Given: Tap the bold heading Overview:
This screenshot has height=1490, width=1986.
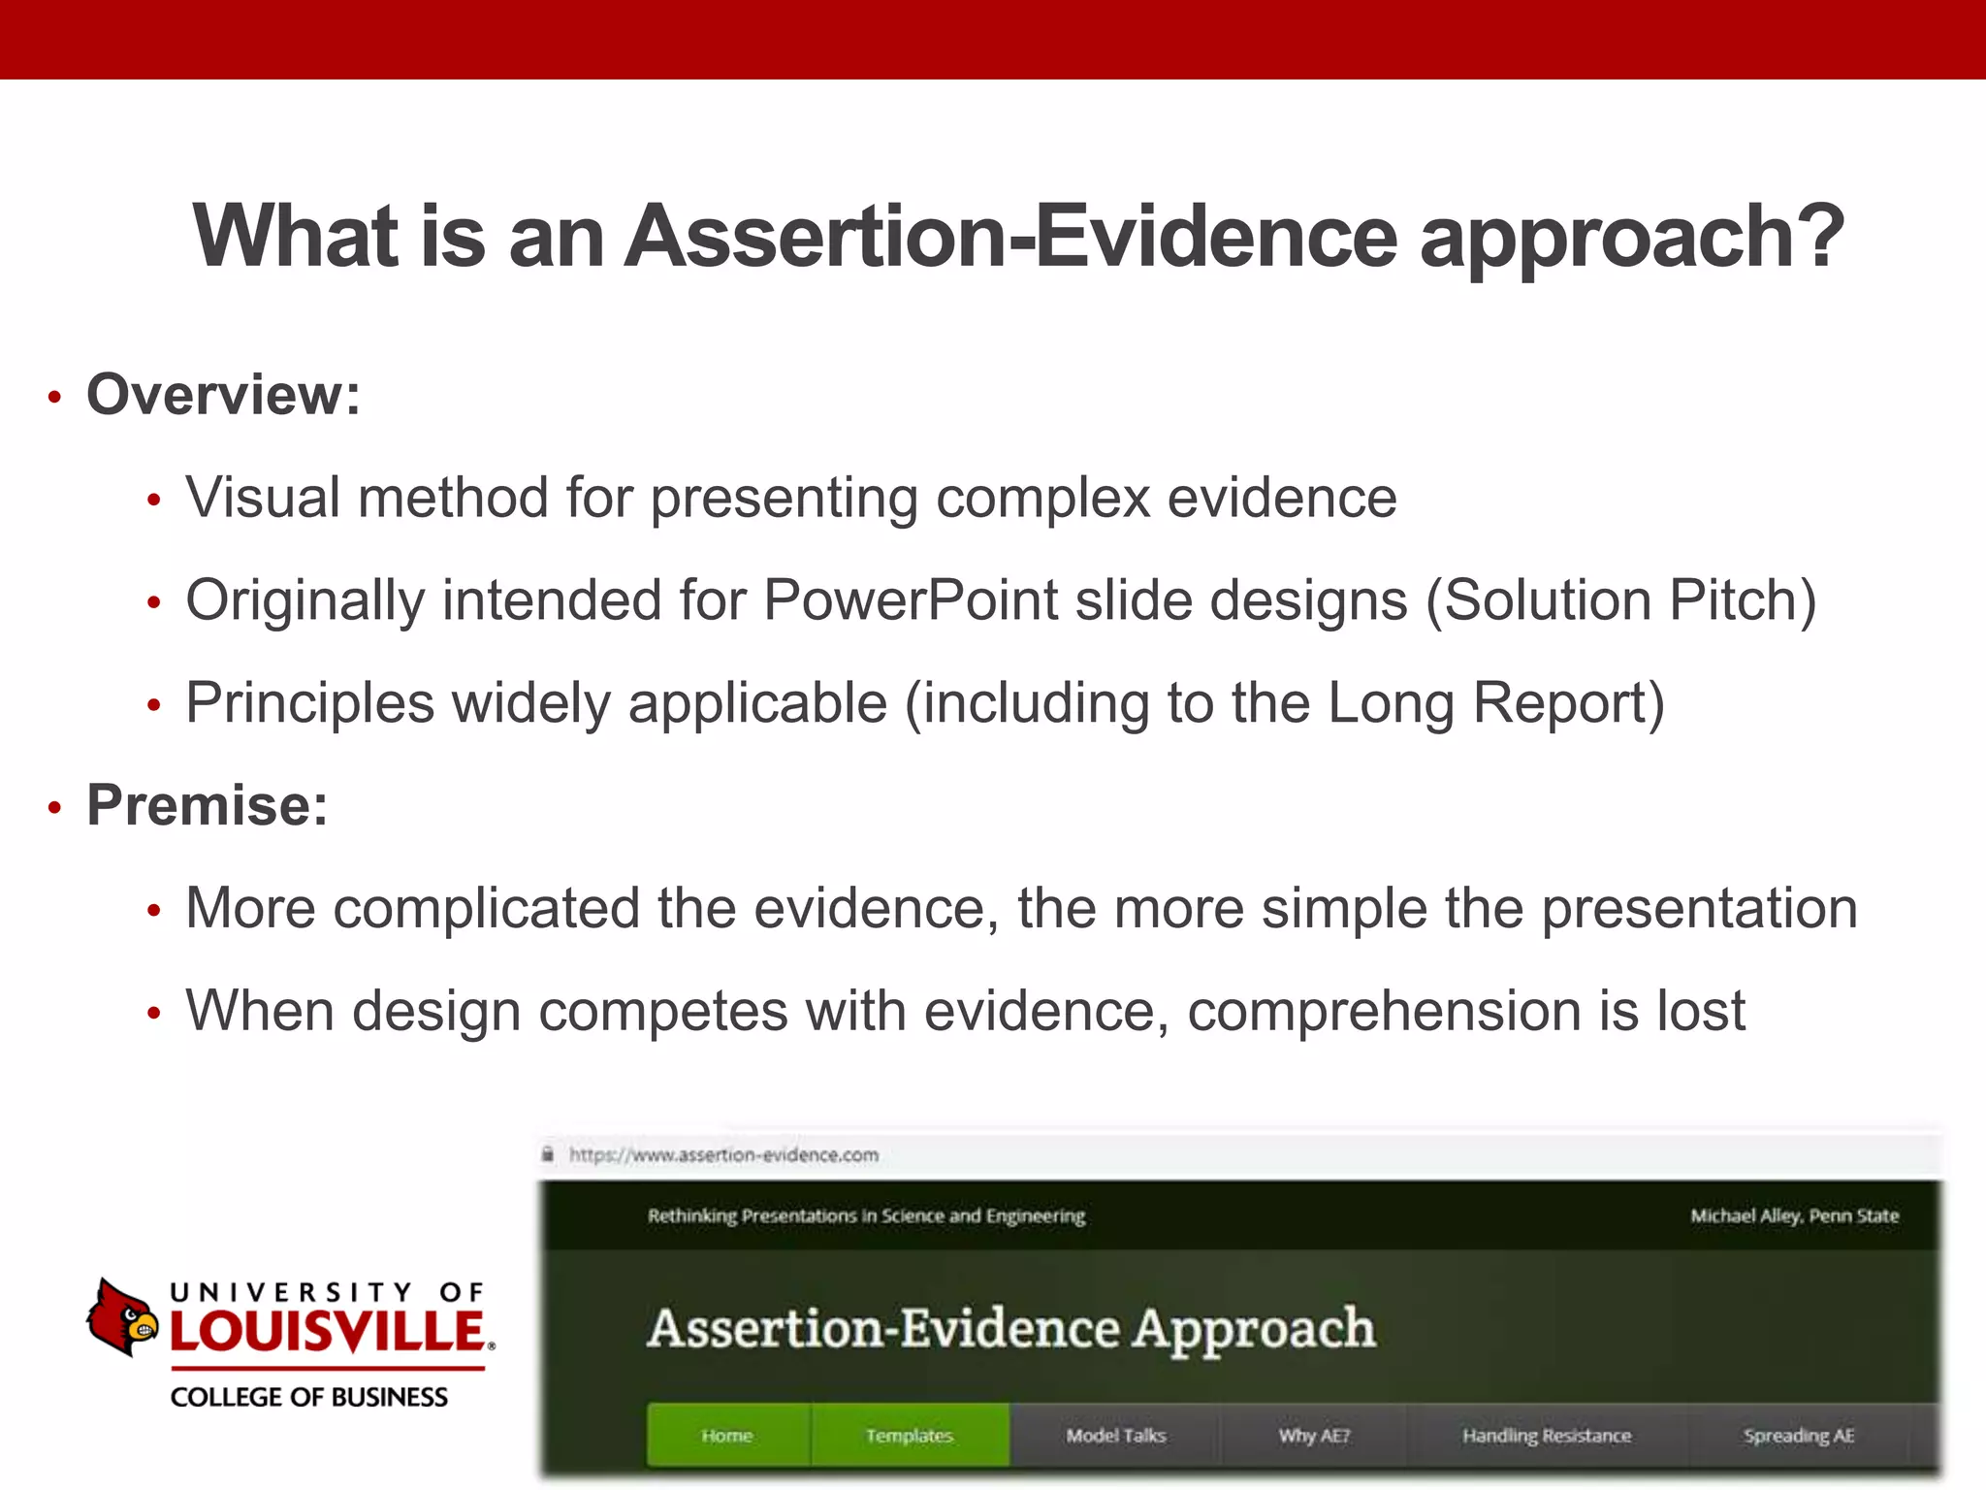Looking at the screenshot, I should click(223, 395).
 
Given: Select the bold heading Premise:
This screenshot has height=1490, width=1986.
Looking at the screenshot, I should click(208, 805).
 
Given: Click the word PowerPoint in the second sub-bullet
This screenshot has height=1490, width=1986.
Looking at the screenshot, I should click(911, 599).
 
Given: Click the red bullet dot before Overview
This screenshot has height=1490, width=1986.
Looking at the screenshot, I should click(55, 398).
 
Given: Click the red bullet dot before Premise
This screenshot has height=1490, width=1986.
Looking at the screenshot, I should click(55, 807).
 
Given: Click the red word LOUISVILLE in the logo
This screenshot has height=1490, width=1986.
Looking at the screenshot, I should click(328, 1331).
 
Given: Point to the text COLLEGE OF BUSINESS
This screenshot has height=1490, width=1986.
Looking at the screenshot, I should click(309, 1397).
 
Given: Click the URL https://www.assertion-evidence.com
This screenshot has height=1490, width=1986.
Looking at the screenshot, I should click(723, 1154).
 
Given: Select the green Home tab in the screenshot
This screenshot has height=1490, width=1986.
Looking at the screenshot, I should click(727, 1435).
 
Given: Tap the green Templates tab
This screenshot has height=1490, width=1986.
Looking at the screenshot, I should click(910, 1435).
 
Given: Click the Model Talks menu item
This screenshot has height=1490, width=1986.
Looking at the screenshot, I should click(1115, 1435).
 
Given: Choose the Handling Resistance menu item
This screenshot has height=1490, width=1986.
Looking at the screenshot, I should click(1547, 1435).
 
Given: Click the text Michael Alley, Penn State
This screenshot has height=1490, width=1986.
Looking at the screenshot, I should click(1794, 1215).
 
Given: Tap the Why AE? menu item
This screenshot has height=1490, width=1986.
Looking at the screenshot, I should click(1313, 1435).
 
